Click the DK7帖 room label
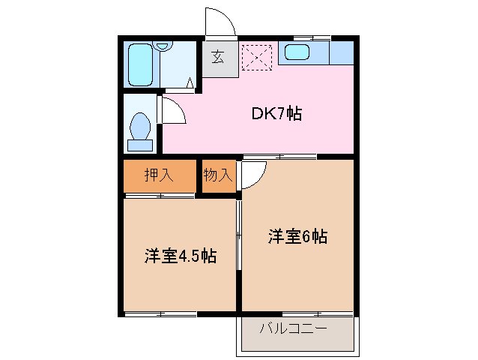[x=276, y=114]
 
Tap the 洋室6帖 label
[x=297, y=236]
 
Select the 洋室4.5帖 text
[x=181, y=256]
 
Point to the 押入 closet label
[x=159, y=175]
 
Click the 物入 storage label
[x=218, y=175]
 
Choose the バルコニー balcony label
[x=294, y=329]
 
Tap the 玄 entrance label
[x=218, y=55]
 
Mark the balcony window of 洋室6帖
[x=297, y=312]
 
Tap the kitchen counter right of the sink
[x=341, y=53]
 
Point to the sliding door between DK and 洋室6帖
[x=279, y=156]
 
